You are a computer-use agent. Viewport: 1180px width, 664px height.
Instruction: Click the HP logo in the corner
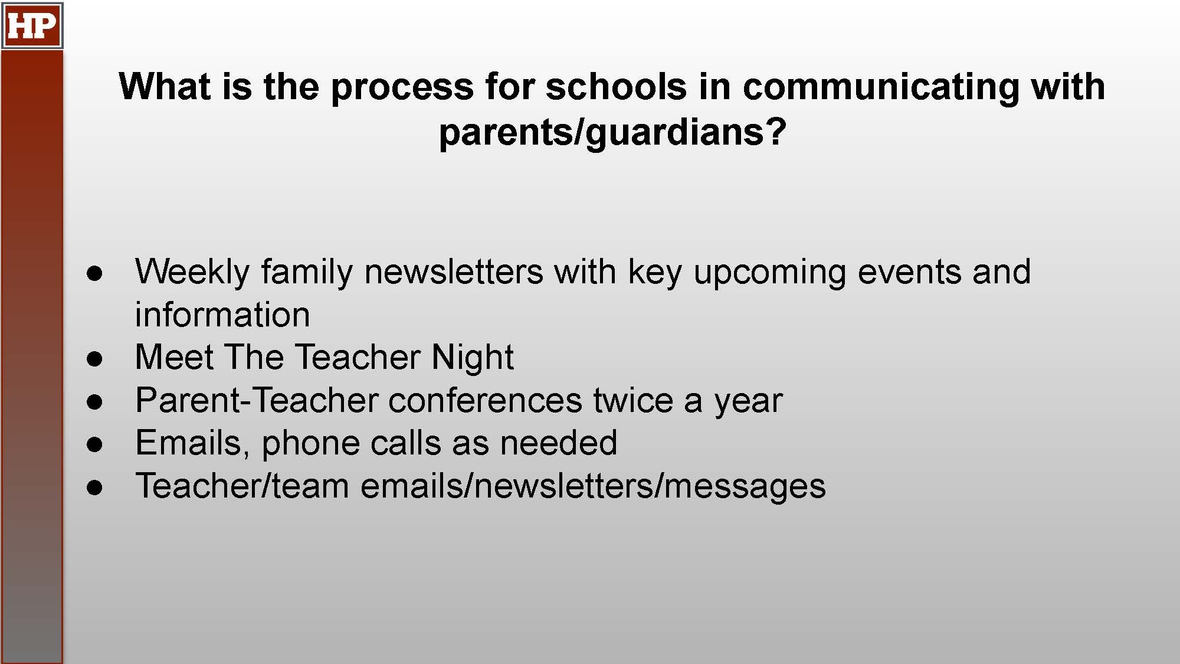tap(32, 25)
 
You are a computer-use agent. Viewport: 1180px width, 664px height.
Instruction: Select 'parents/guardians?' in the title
tap(612, 132)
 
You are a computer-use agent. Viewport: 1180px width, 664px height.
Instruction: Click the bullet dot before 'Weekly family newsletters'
tap(94, 273)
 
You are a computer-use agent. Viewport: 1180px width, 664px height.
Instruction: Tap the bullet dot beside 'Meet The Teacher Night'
tap(94, 359)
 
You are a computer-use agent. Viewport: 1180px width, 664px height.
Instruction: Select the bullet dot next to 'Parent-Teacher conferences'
tap(94, 402)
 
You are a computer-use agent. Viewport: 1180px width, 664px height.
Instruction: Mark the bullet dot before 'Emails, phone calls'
tap(94, 444)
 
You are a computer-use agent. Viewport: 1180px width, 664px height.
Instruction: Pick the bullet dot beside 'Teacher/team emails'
tap(94, 488)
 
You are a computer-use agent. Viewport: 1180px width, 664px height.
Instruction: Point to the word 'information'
tap(222, 315)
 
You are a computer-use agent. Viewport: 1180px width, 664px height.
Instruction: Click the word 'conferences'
tap(486, 401)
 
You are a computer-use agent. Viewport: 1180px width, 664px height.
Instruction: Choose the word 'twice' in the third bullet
tap(633, 400)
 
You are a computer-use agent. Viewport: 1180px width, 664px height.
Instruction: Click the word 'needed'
tap(558, 443)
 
